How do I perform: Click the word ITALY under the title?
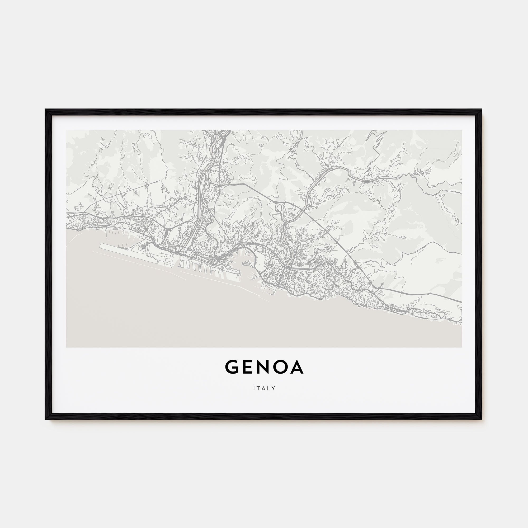coord(264,388)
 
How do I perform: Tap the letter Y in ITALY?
coord(274,388)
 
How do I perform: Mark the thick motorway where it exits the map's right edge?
coord(460,302)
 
